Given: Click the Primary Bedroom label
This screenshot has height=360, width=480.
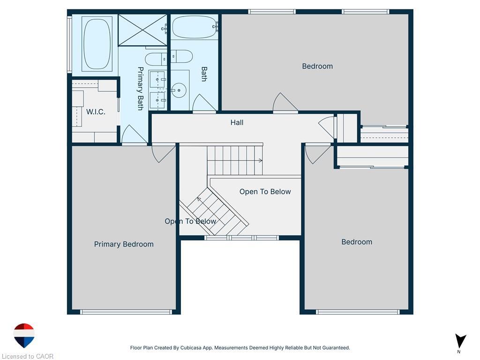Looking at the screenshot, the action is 124,244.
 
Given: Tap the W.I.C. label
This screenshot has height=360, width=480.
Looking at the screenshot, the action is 96,112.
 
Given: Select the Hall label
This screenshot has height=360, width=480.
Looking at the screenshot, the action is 237,122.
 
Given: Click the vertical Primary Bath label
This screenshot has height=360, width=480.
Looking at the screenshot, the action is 140,89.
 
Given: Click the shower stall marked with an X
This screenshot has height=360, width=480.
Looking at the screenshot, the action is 142,30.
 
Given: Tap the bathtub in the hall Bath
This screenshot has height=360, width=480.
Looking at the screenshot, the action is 194,27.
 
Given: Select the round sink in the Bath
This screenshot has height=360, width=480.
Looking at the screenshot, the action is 179,90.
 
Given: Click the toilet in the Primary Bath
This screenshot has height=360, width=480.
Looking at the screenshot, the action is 156,59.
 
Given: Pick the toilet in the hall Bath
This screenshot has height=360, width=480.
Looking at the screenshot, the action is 181,56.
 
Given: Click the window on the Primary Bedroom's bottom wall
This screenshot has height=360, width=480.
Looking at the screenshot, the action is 126,312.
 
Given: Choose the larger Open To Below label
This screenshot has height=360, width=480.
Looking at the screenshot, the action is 265,192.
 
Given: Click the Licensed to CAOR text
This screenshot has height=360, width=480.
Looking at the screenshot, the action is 28,356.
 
